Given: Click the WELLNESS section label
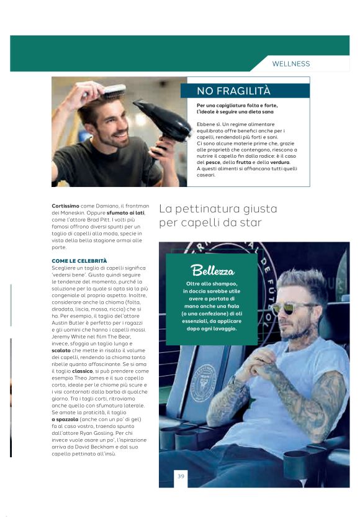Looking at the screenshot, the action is [290, 64].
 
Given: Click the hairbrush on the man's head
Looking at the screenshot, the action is [111, 94].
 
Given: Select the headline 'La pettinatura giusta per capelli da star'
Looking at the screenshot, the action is [217, 215].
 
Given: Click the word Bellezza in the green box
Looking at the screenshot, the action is [213, 271].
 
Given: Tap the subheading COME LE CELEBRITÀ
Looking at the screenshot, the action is [79, 260].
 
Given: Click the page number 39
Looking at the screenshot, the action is [181, 476].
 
